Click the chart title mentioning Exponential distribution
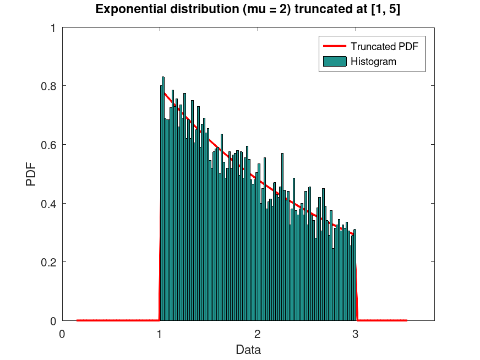243,9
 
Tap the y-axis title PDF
31,173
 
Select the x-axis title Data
248,350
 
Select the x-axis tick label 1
160,332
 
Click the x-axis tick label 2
257,332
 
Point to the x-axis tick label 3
355,332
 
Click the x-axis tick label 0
62,332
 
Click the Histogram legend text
373,62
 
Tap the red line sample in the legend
334,47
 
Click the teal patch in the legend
334,62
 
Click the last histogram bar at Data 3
355,275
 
